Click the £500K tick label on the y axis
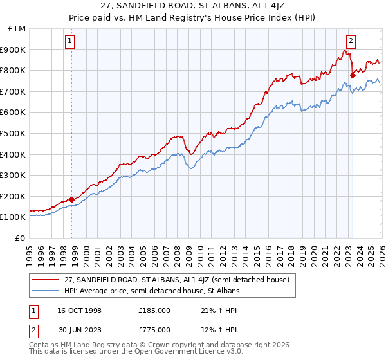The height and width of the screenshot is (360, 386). pos(14,133)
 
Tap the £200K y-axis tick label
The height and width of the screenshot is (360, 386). pos(14,196)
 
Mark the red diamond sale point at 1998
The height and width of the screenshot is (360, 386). pos(71,199)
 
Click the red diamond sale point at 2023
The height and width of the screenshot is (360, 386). pos(353,75)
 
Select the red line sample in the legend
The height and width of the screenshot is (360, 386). pos(46,280)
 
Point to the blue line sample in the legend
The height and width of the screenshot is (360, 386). pos(46,291)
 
